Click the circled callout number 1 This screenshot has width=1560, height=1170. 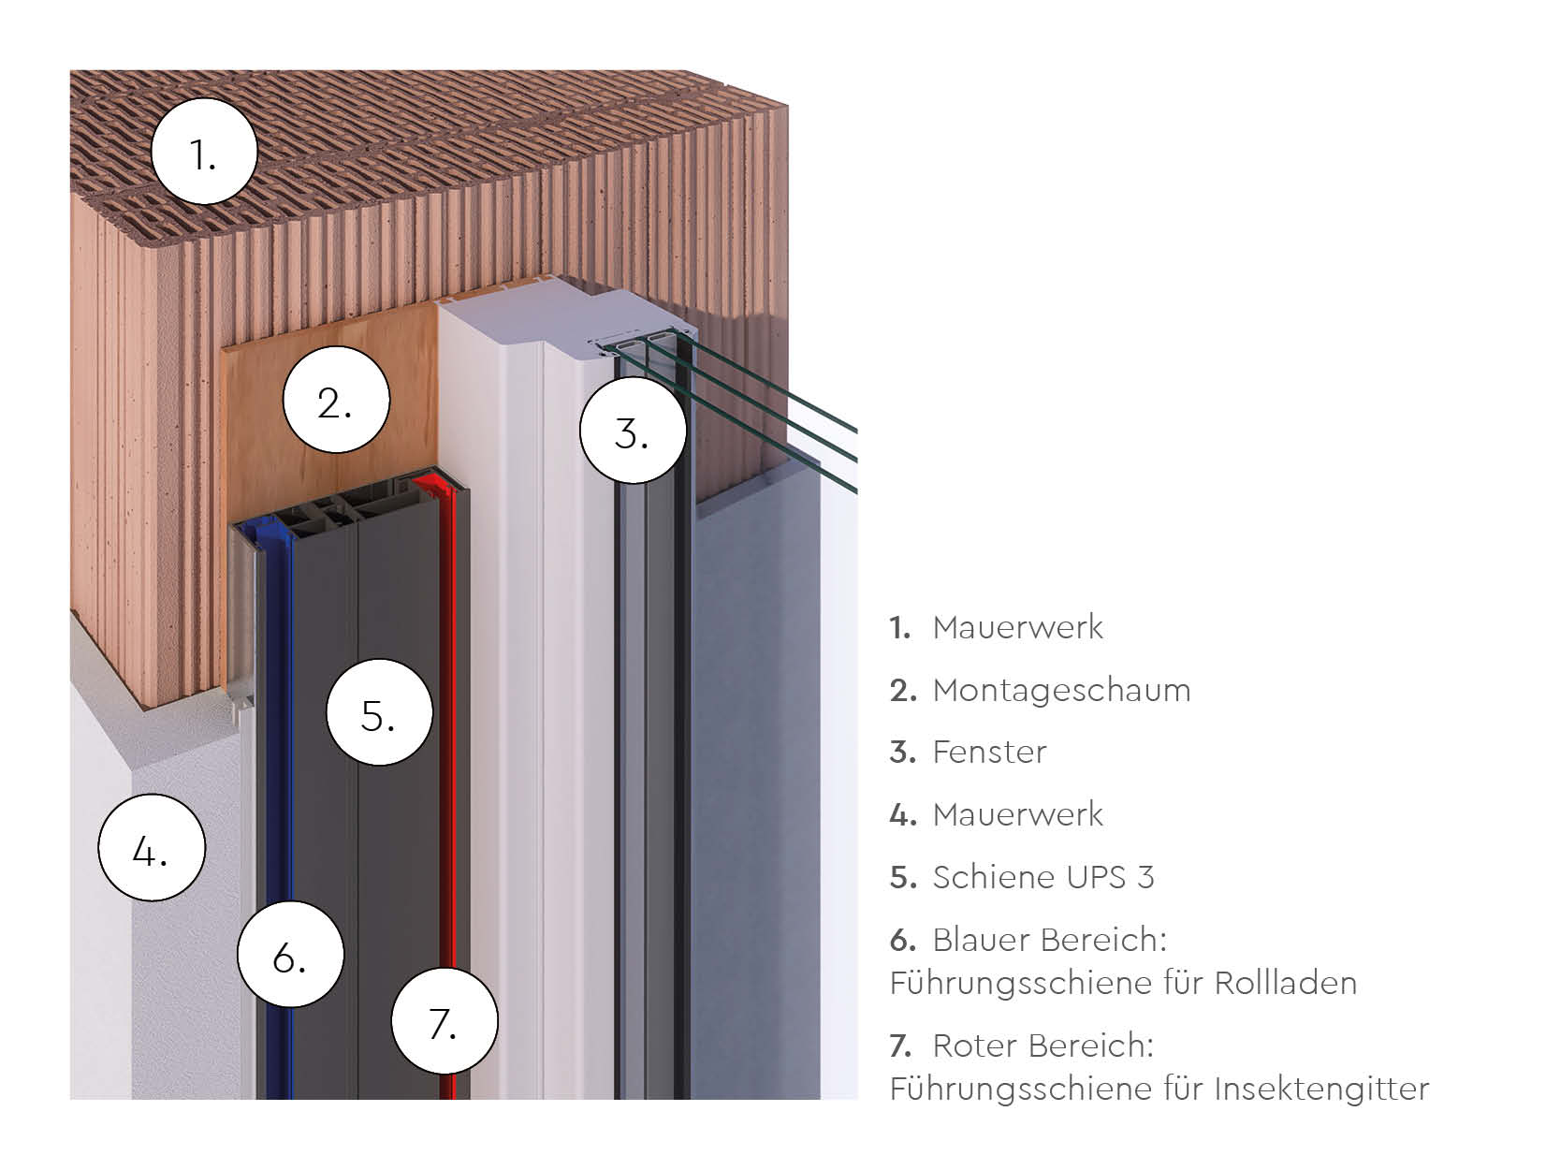204,152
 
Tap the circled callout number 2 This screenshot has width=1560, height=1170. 335,401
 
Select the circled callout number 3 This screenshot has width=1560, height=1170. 633,431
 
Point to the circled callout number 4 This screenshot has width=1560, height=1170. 151,848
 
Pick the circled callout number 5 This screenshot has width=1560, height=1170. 379,713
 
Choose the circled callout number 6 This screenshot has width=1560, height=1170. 290,955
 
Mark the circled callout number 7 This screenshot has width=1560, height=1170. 444,1022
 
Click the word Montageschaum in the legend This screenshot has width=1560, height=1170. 1061,691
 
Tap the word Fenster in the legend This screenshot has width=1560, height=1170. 989,753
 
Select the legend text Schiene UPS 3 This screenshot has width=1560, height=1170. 1042,877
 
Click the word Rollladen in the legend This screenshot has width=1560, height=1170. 1285,984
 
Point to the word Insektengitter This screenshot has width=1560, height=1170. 1321,1090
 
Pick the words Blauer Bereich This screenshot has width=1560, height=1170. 1049,940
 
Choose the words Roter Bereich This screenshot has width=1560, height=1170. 1042,1046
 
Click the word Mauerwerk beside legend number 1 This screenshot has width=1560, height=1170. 1017,627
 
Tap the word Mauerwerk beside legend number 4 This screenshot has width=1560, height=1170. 1017,815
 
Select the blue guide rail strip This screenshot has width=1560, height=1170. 278,796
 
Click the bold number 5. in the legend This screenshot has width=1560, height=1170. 902,878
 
